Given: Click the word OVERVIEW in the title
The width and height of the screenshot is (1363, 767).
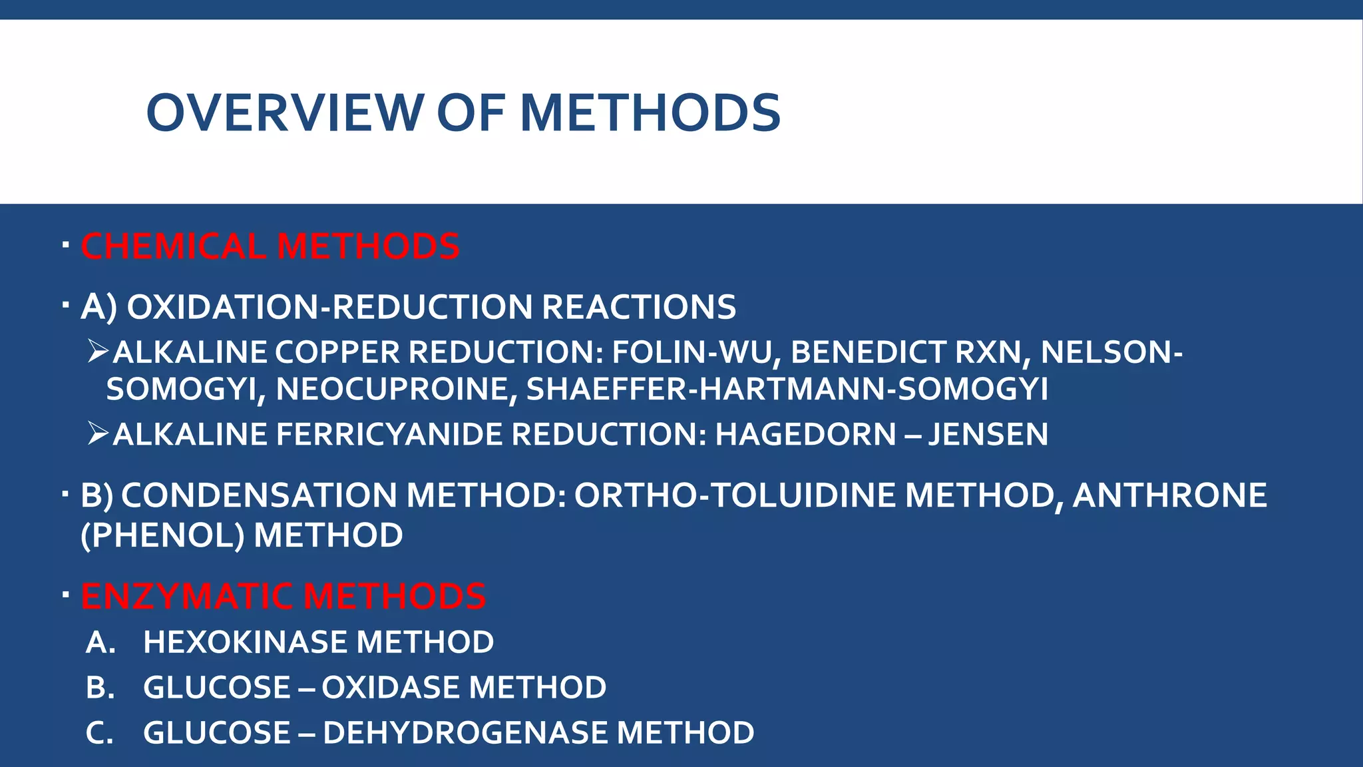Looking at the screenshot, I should pyautogui.click(x=285, y=113).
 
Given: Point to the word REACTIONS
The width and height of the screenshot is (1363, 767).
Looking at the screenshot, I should pyautogui.click(x=639, y=307).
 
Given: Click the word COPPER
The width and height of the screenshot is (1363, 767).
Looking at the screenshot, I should pyautogui.click(x=337, y=352).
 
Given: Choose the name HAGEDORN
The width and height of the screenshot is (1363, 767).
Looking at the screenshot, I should pyautogui.click(x=805, y=435).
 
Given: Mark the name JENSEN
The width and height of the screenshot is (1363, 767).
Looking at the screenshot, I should pyautogui.click(x=988, y=435).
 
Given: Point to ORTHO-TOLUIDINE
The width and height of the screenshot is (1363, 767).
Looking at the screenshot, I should pyautogui.click(x=735, y=495).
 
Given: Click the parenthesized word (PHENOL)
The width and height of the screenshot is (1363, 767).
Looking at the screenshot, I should pyautogui.click(x=162, y=535).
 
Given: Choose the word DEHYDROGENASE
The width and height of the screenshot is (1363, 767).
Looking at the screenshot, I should pyautogui.click(x=465, y=733).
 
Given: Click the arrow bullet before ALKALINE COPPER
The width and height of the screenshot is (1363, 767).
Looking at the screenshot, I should pyautogui.click(x=98, y=352).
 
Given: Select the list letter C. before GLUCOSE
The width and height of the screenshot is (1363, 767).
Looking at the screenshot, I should pyautogui.click(x=100, y=733).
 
